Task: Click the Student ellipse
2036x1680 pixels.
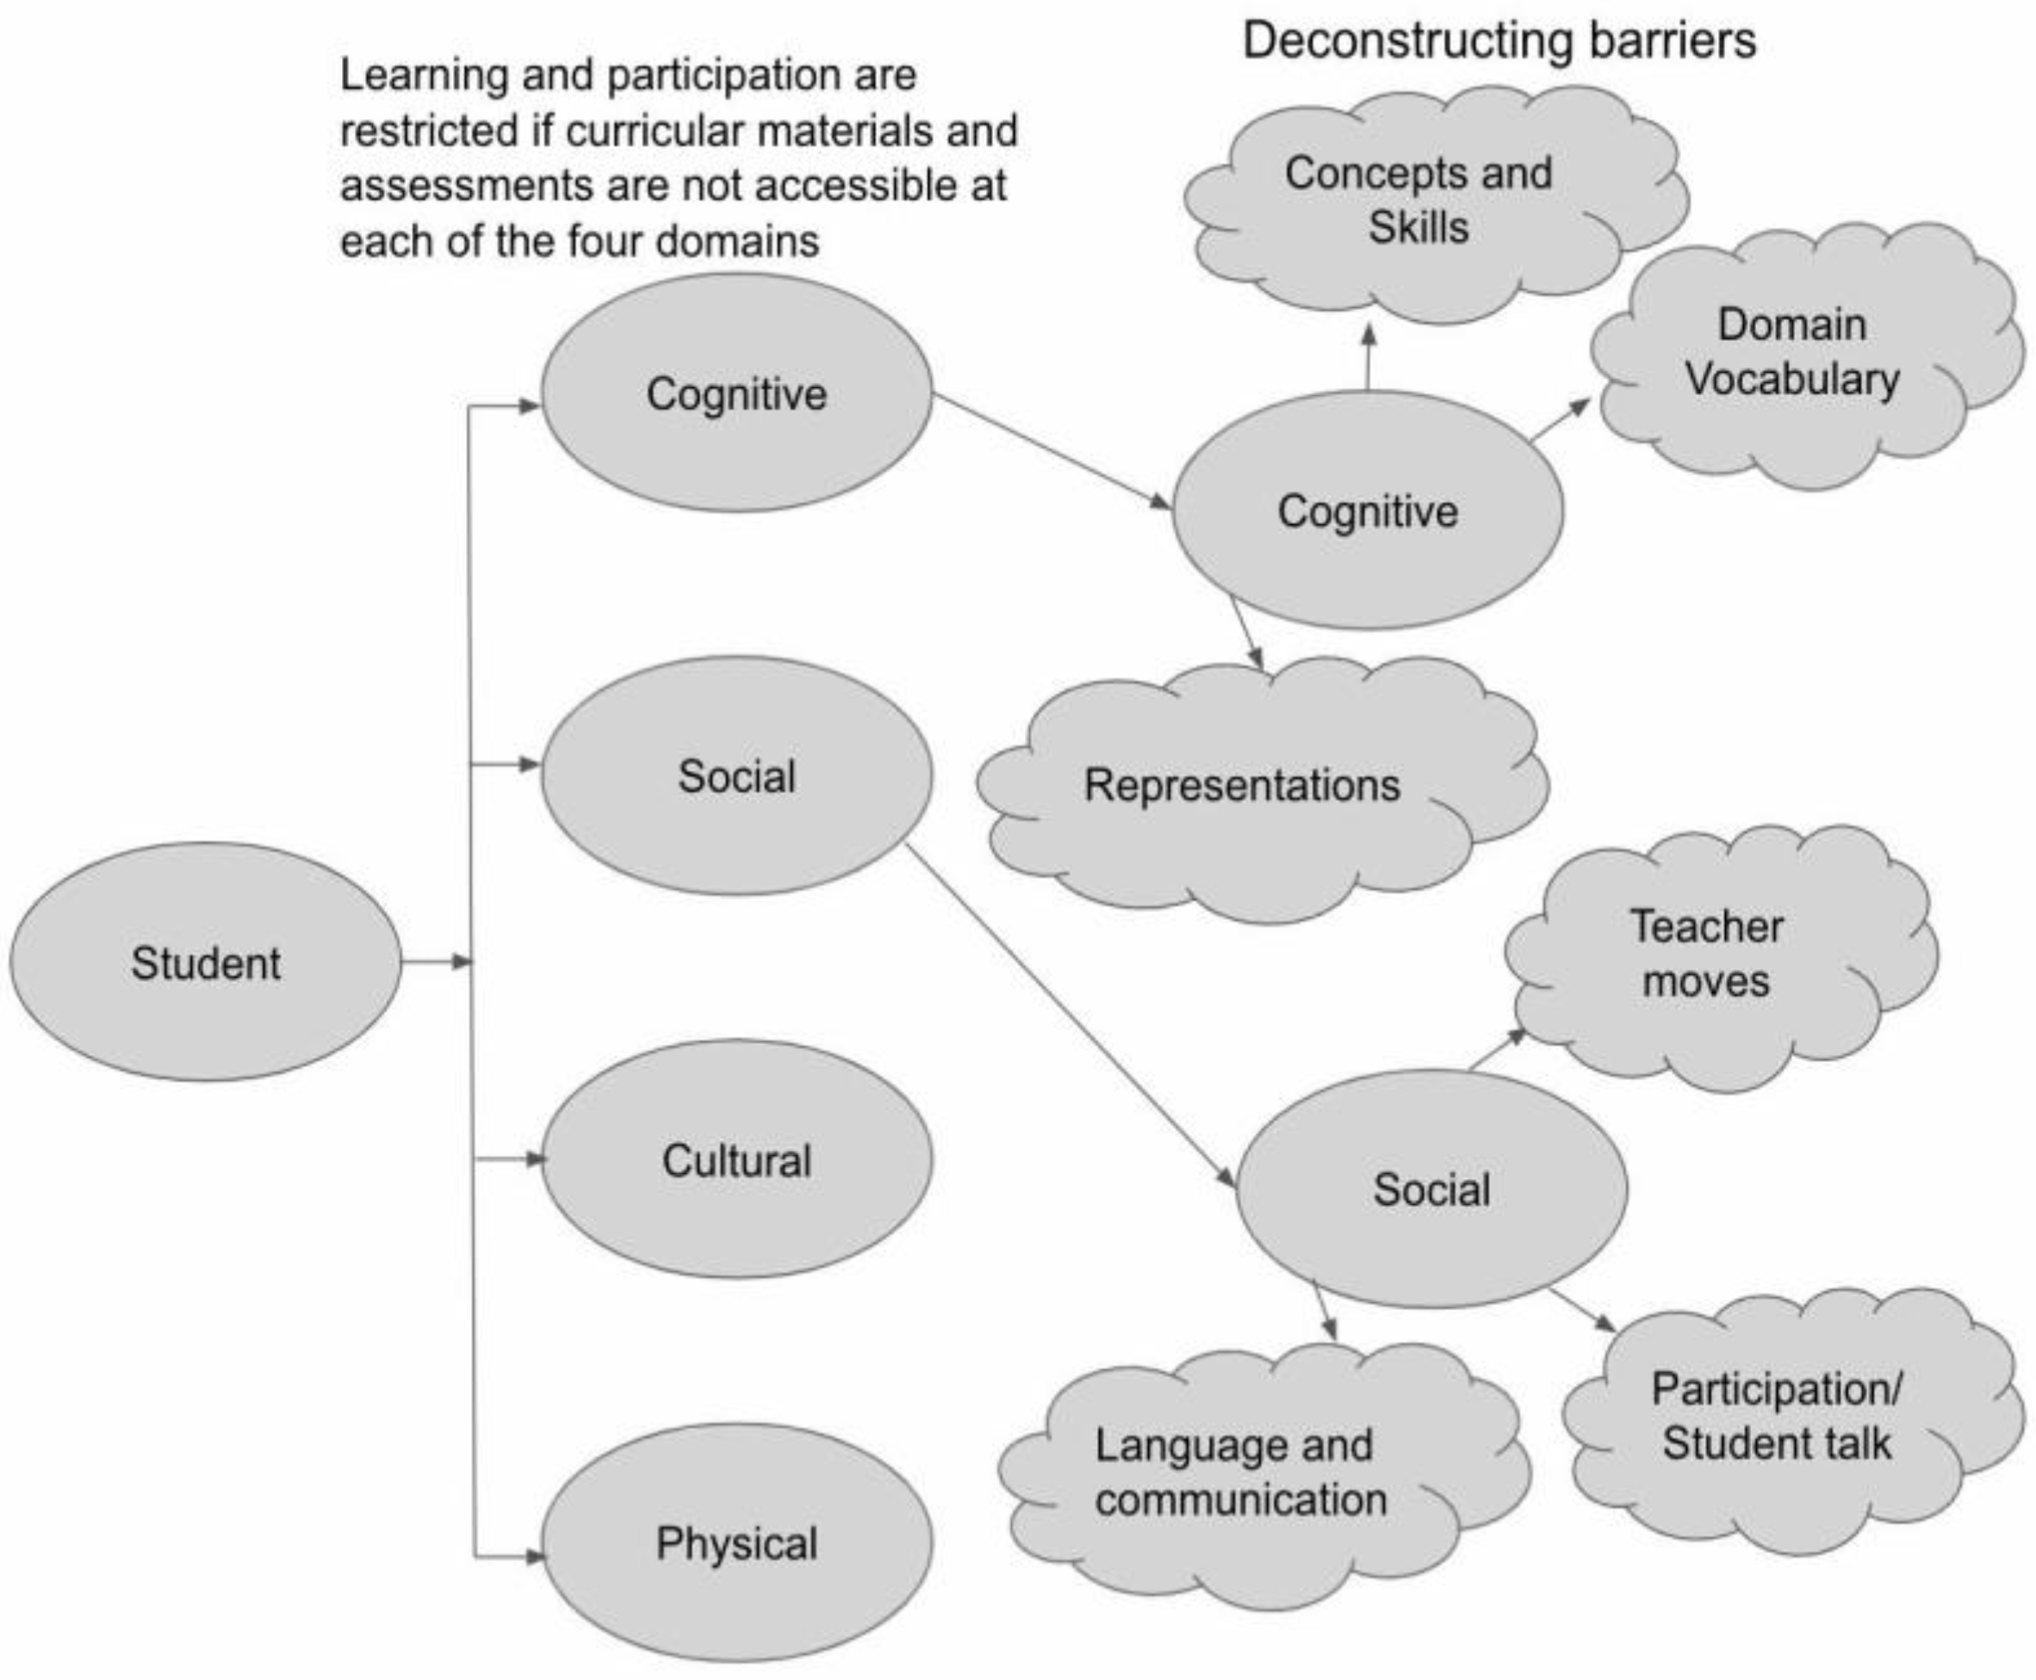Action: click(x=205, y=962)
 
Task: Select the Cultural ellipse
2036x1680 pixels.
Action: click(x=736, y=1159)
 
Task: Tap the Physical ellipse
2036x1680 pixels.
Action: click(x=736, y=1542)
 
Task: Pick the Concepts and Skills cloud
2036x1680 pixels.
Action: click(x=1418, y=201)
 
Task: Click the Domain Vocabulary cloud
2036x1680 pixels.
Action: click(x=1794, y=352)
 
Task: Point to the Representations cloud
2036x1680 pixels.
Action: click(x=1243, y=785)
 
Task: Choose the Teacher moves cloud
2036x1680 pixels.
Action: click(x=1707, y=954)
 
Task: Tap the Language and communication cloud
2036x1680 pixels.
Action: click(x=1242, y=1473)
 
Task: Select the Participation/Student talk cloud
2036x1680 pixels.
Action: click(x=1778, y=1416)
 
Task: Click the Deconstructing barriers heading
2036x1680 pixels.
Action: click(x=1499, y=40)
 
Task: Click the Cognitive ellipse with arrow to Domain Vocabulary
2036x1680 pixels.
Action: click(x=1367, y=511)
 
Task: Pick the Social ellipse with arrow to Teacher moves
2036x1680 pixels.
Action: click(x=1431, y=1189)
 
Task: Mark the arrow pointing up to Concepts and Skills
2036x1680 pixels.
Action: click(x=1368, y=358)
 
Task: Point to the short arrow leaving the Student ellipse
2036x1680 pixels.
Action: click(x=436, y=962)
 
